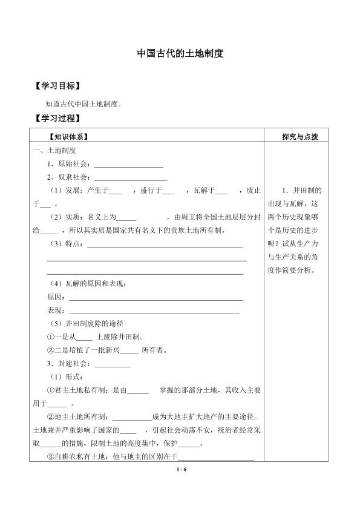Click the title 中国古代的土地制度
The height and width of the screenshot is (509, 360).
(x=180, y=54)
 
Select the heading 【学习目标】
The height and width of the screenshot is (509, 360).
(x=58, y=86)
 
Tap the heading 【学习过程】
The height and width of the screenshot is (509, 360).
(x=58, y=118)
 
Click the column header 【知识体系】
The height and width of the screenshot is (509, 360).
(x=71, y=137)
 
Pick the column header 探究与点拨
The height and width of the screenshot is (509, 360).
(x=300, y=137)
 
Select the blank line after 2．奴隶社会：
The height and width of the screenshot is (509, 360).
(x=131, y=177)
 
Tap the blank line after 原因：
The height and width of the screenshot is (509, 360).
(x=156, y=298)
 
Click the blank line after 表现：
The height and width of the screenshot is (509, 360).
(x=154, y=311)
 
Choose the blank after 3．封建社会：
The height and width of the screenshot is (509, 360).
(x=113, y=364)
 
